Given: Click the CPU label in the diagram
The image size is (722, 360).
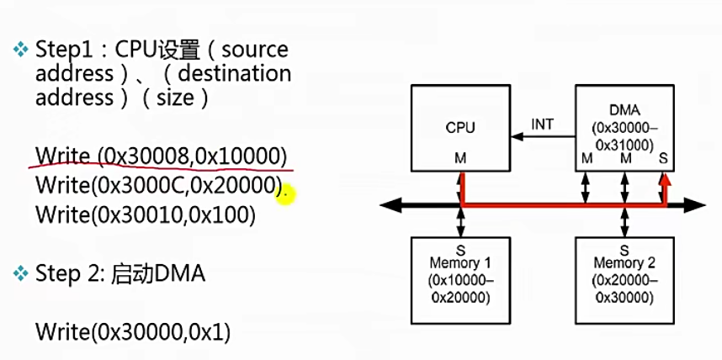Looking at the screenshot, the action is click(x=460, y=127).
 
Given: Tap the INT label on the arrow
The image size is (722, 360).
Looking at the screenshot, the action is click(x=543, y=124).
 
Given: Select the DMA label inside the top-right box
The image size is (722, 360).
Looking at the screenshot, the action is click(x=624, y=110).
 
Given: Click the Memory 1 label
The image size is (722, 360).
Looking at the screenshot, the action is click(x=460, y=263).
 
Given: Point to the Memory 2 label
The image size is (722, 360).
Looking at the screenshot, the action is click(x=624, y=263).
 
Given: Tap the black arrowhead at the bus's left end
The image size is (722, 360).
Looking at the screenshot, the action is click(x=390, y=205).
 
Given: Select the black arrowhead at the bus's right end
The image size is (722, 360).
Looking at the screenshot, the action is click(x=694, y=205).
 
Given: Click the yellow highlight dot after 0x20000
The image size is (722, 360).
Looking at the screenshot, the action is click(x=285, y=195).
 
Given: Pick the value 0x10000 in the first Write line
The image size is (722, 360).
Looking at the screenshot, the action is click(x=236, y=157).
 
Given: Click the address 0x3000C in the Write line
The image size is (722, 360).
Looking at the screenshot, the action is click(x=140, y=185).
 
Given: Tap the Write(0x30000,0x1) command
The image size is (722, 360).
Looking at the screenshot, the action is click(x=133, y=332).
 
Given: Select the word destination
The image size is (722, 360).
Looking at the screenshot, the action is click(x=235, y=74).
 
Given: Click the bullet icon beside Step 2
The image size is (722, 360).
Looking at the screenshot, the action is click(x=21, y=274).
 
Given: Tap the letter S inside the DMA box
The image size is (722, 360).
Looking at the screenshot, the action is click(x=663, y=158).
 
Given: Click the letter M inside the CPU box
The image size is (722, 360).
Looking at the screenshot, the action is click(x=460, y=158).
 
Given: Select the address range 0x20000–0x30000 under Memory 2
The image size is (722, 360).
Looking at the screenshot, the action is click(x=624, y=289).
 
